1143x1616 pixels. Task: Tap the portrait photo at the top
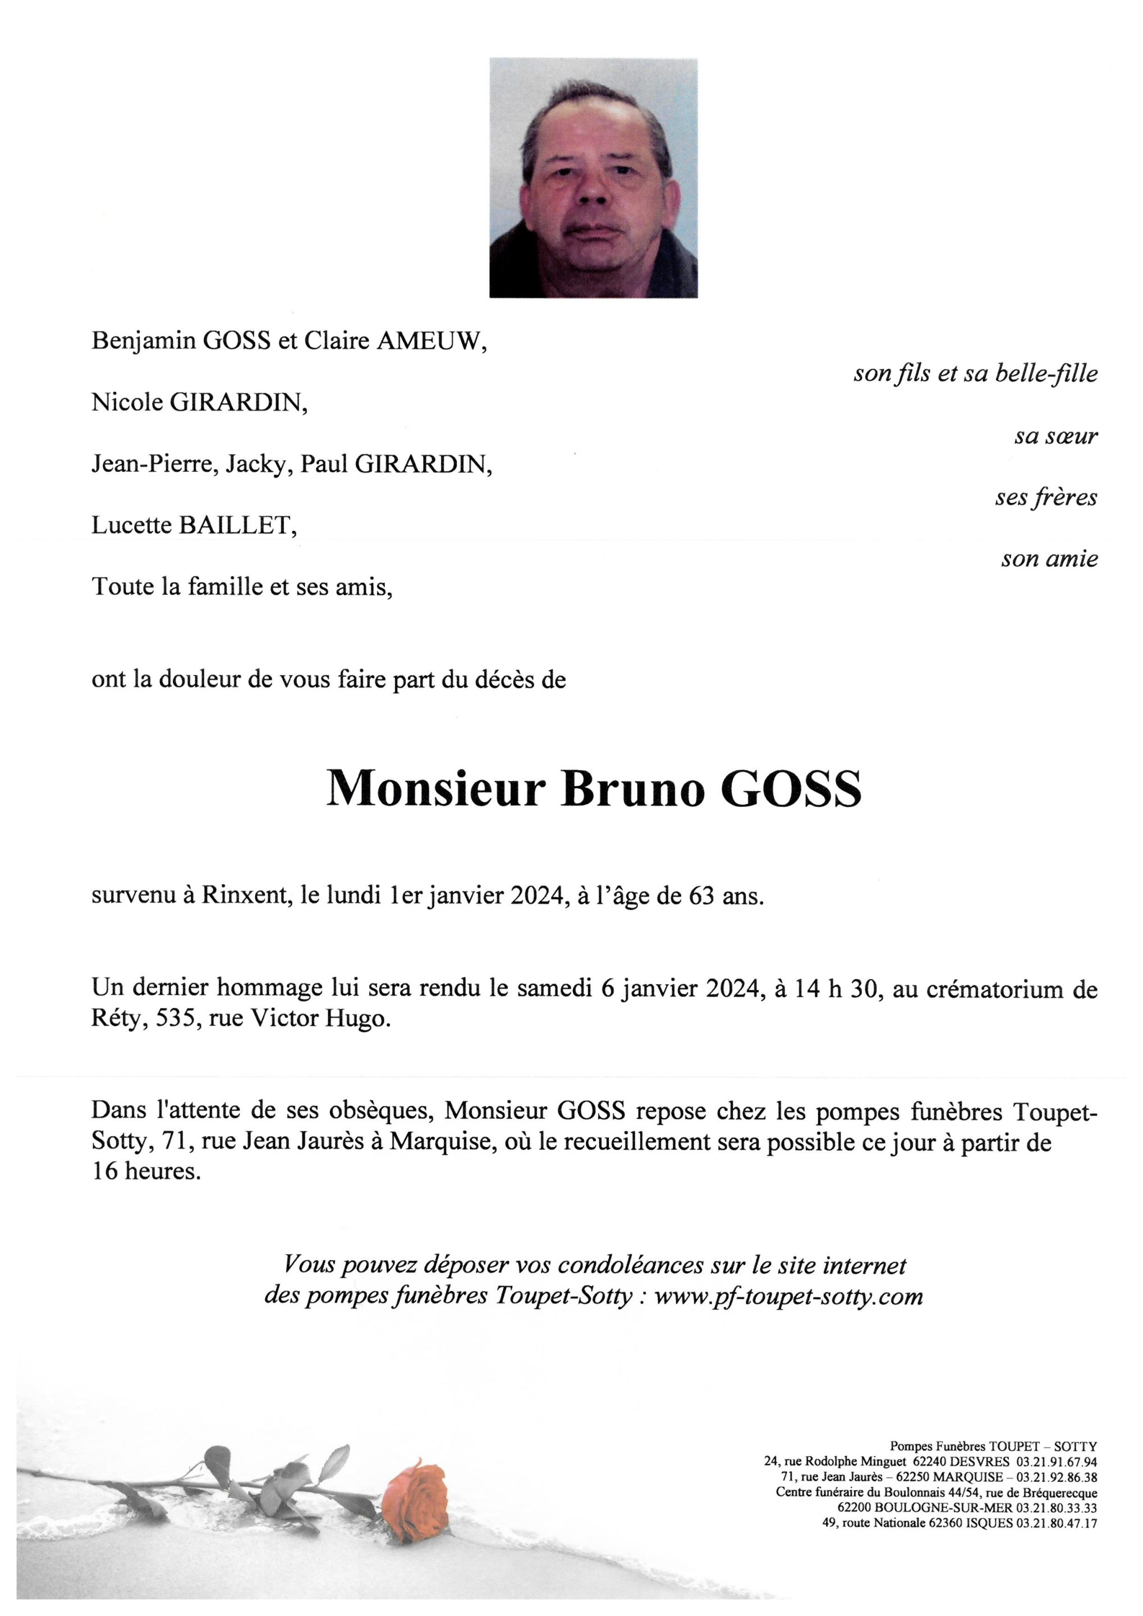(x=593, y=177)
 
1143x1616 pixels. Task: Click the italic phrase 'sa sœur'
(x=1055, y=437)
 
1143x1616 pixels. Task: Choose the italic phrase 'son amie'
(x=1049, y=559)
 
